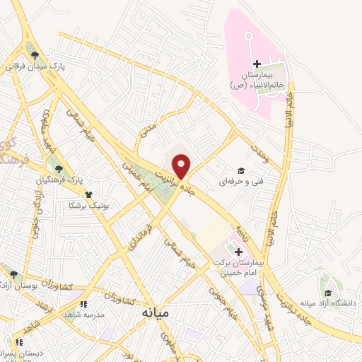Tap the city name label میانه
[156, 312]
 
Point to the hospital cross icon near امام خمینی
[238, 252]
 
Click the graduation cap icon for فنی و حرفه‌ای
[240, 170]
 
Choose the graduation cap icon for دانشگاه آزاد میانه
[327, 293]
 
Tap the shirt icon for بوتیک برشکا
[88, 194]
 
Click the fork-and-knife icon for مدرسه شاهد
[83, 304]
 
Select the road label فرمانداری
[139, 238]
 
